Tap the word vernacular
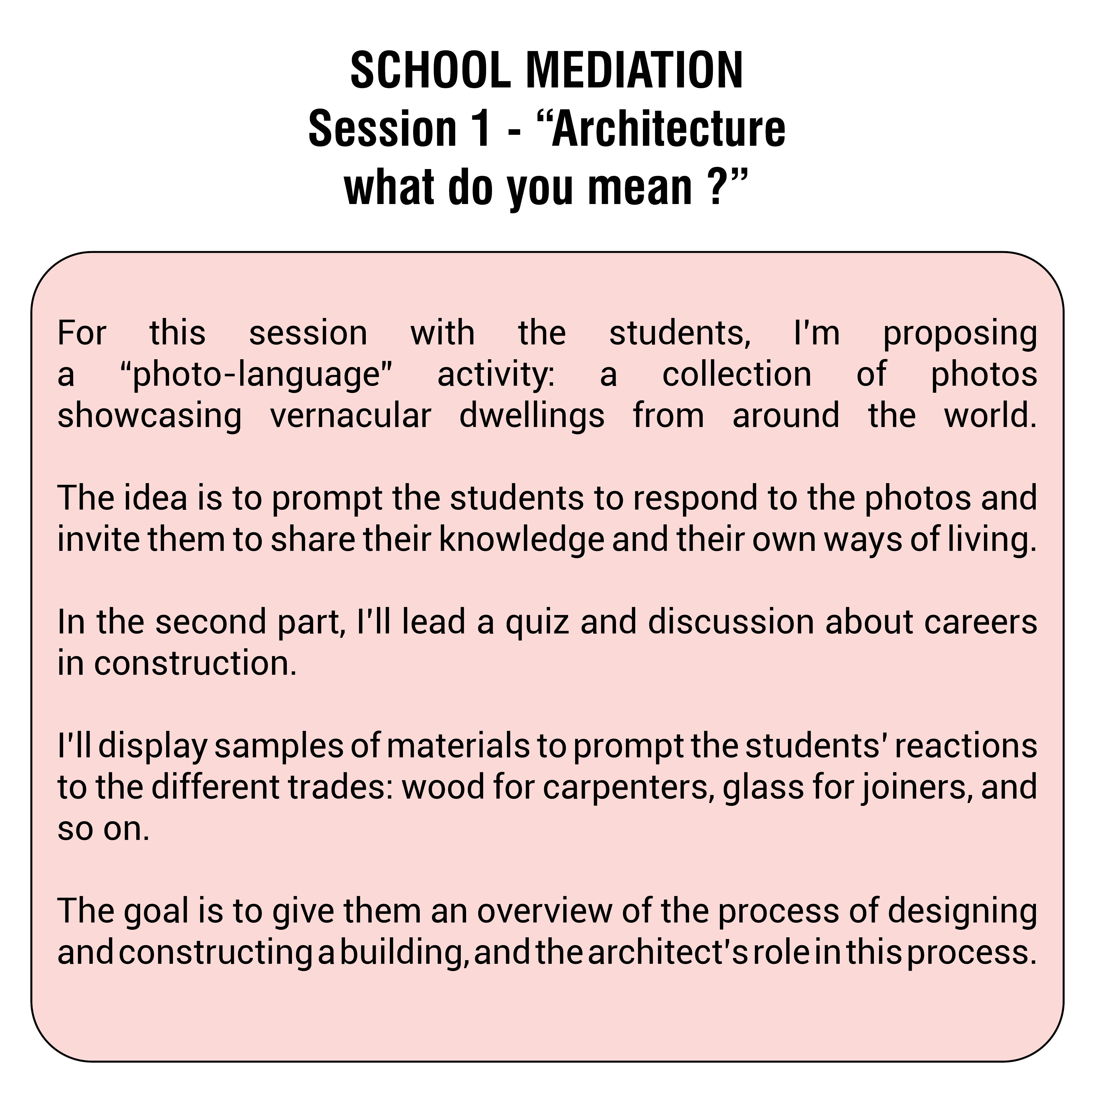[x=351, y=416]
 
